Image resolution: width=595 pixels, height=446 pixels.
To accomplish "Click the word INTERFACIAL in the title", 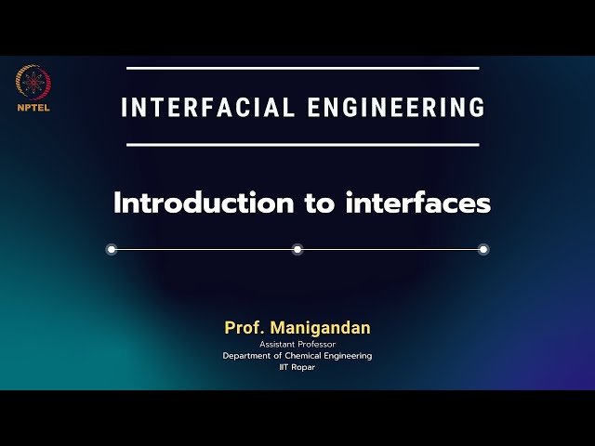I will (x=207, y=107).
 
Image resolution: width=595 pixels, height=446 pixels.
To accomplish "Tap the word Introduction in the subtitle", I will (x=203, y=203).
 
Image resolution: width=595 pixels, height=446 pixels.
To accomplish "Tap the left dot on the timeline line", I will (x=112, y=249).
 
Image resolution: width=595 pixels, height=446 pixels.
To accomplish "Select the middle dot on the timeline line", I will (x=297, y=249).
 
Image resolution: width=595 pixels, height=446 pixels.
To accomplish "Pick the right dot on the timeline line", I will (x=483, y=249).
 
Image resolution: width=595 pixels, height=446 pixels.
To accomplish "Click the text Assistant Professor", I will (x=297, y=345).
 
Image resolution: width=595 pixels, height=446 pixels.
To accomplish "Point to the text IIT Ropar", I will (x=297, y=367).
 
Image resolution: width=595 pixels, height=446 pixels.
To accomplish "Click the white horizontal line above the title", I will (x=302, y=68).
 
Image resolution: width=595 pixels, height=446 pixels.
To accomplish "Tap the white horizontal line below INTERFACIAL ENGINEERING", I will (x=302, y=144).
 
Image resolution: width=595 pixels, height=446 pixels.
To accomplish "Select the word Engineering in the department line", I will (x=347, y=356).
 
